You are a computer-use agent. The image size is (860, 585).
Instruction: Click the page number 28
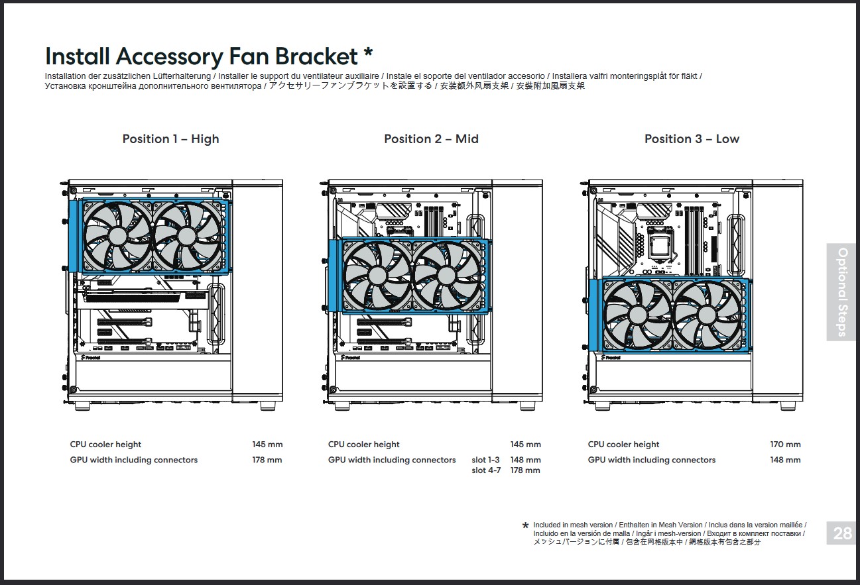[842, 533]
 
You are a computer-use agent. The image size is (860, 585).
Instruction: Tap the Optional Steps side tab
[842, 292]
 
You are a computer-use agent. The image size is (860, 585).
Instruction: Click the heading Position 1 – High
[170, 139]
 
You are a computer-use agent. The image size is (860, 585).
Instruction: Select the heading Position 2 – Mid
[431, 139]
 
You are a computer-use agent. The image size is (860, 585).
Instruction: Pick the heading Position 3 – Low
[692, 139]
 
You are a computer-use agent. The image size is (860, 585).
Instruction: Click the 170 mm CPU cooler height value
[785, 445]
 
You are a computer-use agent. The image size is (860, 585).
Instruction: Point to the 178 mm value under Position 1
[267, 460]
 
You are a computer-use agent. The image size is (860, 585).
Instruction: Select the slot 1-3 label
[485, 460]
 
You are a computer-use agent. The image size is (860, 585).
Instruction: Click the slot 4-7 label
[486, 470]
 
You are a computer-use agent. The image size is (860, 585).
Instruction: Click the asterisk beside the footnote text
[526, 527]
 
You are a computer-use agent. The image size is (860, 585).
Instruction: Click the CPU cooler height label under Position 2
[363, 445]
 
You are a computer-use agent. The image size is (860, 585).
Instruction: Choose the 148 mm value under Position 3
[785, 460]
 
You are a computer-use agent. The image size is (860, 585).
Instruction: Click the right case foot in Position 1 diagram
[268, 405]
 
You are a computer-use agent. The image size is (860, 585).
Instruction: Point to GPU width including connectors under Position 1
[134, 460]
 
